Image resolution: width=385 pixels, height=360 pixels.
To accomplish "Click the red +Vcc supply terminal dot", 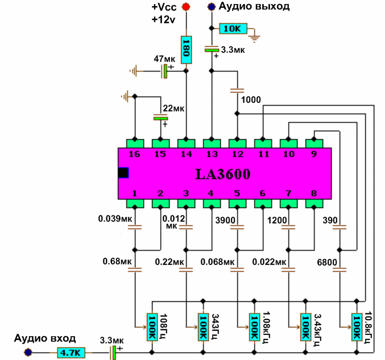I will pos(185,7).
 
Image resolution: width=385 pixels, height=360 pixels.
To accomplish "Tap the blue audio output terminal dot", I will pos(212,7).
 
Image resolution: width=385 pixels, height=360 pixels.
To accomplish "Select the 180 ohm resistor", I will pos(185,50).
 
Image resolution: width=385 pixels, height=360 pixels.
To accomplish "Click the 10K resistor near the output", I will pos(232,28).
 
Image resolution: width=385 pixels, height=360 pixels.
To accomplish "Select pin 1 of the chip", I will pos(135,202).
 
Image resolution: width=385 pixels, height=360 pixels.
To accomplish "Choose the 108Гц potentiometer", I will pos(152,329).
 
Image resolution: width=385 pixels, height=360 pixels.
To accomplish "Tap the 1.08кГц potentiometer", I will pos(255,329).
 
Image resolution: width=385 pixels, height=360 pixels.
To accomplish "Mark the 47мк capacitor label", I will pos(165,59).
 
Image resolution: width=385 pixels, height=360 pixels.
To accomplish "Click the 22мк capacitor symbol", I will pos(161,117).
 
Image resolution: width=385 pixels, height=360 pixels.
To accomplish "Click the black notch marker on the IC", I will pos(123,173).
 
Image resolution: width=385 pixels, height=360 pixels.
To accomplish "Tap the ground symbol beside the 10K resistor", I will pos(256,38).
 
